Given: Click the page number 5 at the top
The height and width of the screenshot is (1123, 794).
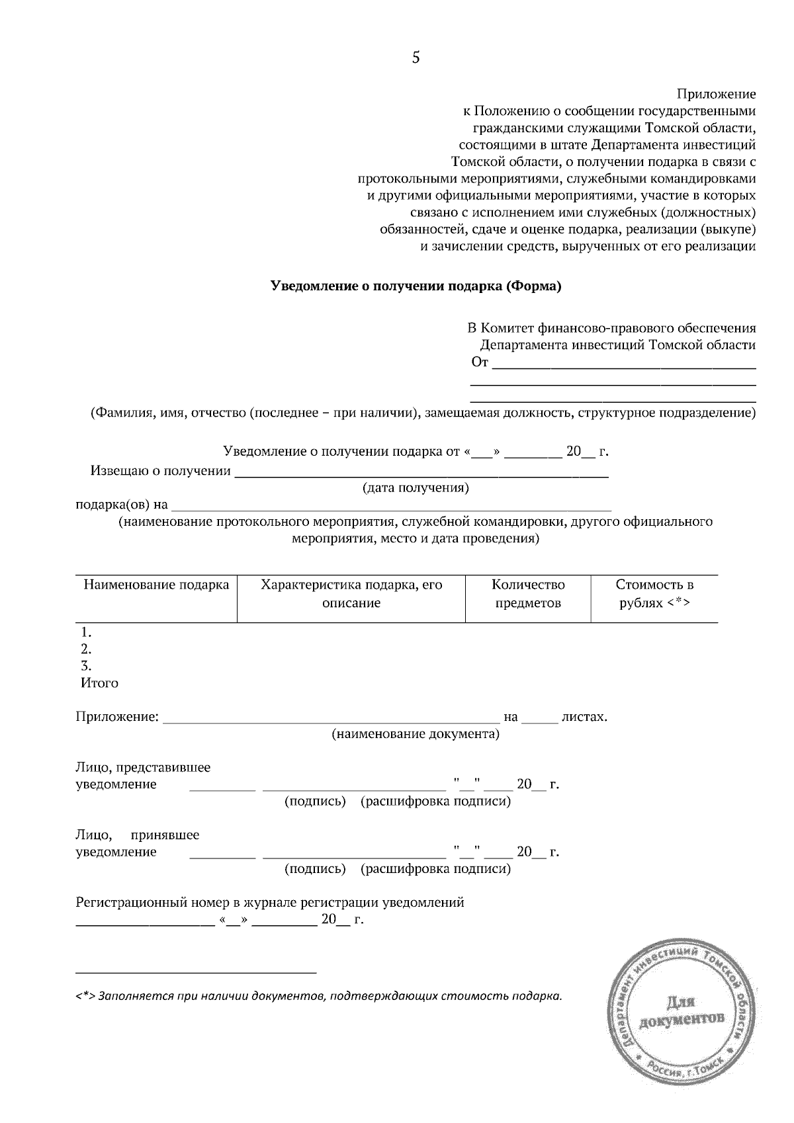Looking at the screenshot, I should pyautogui.click(x=416, y=58).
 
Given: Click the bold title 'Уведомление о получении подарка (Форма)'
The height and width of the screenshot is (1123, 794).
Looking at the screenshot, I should pyautogui.click(x=416, y=286).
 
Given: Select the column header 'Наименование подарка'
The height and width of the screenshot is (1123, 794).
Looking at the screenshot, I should pyautogui.click(x=156, y=585).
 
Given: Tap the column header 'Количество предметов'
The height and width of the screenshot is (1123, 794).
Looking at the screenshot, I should pyautogui.click(x=528, y=594).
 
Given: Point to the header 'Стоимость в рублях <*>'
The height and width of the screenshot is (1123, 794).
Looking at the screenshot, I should pyautogui.click(x=654, y=594).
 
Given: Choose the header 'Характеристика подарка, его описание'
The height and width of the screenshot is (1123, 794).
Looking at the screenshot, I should pyautogui.click(x=351, y=594).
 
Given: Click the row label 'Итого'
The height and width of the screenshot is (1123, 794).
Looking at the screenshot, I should pyautogui.click(x=99, y=683).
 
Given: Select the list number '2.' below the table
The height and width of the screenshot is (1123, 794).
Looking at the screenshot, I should pyautogui.click(x=86, y=649).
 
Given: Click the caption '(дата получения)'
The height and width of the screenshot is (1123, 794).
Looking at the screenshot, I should pyautogui.click(x=416, y=488).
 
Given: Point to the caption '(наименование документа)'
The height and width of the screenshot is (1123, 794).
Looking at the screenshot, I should pyautogui.click(x=416, y=734).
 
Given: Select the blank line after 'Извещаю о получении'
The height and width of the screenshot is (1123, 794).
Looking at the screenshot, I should pyautogui.click(x=421, y=475).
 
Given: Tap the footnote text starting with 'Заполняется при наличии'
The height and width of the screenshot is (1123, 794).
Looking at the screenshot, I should pyautogui.click(x=330, y=996).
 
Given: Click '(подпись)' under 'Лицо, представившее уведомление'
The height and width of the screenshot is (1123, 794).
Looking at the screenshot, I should pyautogui.click(x=315, y=802).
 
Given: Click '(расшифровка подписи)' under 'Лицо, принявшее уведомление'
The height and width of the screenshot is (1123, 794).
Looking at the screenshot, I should pyautogui.click(x=435, y=869).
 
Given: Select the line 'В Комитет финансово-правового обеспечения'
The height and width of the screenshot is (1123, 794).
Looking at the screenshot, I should pyautogui.click(x=611, y=328).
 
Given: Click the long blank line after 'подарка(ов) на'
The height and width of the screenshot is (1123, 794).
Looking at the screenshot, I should pyautogui.click(x=390, y=509).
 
